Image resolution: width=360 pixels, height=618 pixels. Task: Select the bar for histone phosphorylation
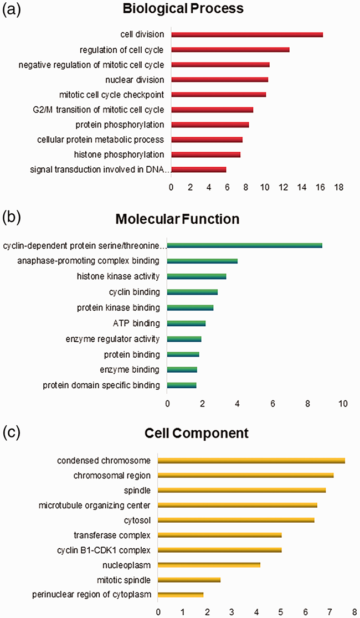[205, 154]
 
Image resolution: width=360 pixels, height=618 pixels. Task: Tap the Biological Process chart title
[184, 9]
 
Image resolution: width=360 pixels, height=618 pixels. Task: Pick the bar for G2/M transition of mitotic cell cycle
[212, 110]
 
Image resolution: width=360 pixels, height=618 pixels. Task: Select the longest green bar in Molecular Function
[244, 245]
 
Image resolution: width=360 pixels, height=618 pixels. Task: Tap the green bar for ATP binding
[186, 323]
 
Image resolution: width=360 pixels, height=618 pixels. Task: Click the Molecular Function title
[177, 219]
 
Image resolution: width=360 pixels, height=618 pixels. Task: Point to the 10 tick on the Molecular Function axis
[343, 404]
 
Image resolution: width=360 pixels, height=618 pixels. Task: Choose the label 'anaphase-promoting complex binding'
[88, 261]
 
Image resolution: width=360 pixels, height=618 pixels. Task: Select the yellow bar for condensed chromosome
[251, 461]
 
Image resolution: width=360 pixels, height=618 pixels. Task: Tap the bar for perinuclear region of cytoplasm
[181, 595]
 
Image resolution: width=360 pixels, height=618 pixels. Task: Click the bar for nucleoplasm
[209, 565]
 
